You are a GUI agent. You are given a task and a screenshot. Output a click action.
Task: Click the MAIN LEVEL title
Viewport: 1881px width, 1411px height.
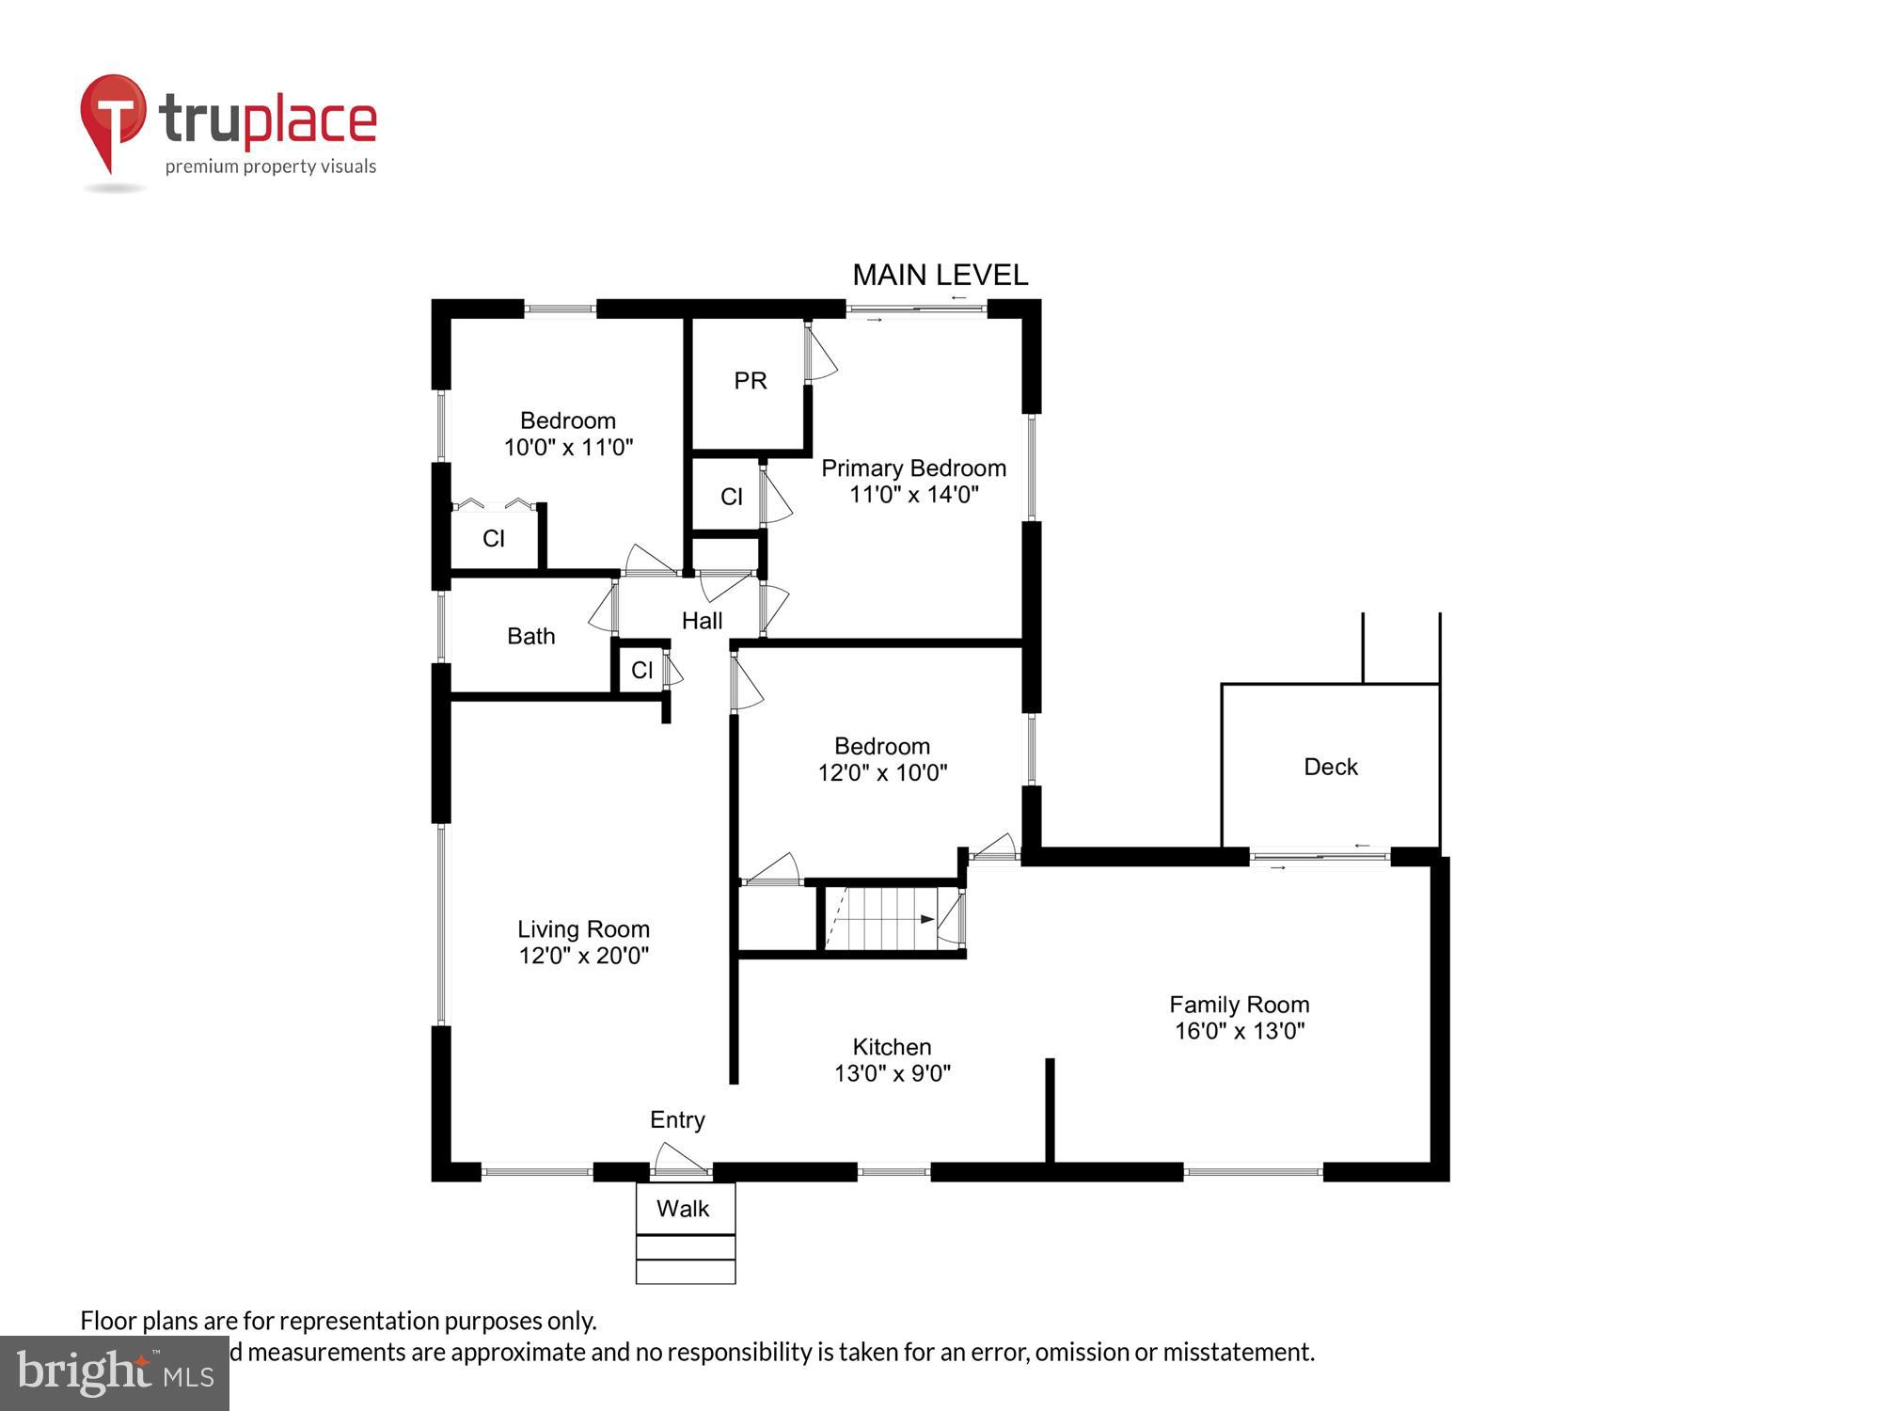pyautogui.click(x=940, y=275)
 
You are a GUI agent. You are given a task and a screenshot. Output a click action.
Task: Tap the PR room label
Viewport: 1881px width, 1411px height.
pyautogui.click(x=750, y=380)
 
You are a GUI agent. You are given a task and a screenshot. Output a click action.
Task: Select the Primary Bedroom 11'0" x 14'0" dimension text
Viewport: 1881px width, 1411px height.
pyautogui.click(x=913, y=494)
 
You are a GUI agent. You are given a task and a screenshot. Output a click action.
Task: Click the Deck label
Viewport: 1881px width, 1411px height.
pyautogui.click(x=1330, y=767)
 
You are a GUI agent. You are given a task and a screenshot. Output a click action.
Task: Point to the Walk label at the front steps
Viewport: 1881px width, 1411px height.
pyautogui.click(x=682, y=1209)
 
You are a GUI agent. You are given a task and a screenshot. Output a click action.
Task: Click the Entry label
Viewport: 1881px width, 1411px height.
pyautogui.click(x=677, y=1119)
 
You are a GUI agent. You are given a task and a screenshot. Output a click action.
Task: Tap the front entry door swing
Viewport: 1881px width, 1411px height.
pyautogui.click(x=677, y=1159)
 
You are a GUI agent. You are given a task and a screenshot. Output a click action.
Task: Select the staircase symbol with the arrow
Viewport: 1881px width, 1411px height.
pyautogui.click(x=879, y=918)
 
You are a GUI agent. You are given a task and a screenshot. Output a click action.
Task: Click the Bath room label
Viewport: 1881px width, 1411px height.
pyautogui.click(x=530, y=636)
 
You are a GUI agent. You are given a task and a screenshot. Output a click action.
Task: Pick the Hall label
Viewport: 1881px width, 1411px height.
pyautogui.click(x=702, y=621)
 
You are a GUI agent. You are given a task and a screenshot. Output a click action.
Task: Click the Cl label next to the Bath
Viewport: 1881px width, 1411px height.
pyautogui.click(x=641, y=670)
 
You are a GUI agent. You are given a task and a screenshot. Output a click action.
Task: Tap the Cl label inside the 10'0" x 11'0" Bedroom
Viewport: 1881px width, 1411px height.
pyautogui.click(x=493, y=538)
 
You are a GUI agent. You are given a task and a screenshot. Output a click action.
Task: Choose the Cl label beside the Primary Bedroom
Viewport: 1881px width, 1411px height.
pyautogui.click(x=731, y=497)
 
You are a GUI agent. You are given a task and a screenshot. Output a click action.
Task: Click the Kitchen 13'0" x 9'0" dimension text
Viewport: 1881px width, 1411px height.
pyautogui.click(x=892, y=1073)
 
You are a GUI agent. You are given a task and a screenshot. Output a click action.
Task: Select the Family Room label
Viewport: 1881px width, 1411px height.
pyautogui.click(x=1239, y=1005)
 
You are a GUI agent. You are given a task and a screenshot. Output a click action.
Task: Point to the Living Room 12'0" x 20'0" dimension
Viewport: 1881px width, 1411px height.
pyautogui.click(x=583, y=956)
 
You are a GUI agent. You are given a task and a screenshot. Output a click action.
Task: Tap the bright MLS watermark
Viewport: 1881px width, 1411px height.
pyautogui.click(x=115, y=1374)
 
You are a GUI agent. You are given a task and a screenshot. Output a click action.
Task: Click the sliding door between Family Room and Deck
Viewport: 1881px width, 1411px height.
pyautogui.click(x=1320, y=857)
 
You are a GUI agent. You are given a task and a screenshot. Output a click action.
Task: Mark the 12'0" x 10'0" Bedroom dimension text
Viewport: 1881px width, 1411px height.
pyautogui.click(x=882, y=772)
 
